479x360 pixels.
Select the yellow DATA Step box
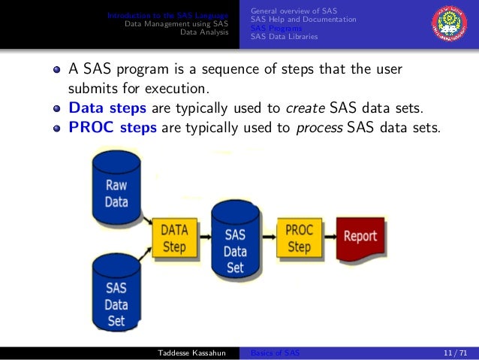click(174, 238)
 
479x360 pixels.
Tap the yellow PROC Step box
click(299, 237)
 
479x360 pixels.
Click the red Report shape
click(360, 237)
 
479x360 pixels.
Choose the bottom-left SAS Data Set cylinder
click(116, 296)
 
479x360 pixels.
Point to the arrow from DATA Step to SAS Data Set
click(204, 237)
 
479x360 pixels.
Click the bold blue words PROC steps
click(113, 127)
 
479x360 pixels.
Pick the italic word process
click(318, 127)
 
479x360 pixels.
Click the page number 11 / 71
click(455, 353)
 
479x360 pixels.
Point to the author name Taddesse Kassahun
click(191, 353)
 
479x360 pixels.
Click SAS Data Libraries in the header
click(284, 36)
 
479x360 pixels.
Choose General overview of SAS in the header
click(294, 11)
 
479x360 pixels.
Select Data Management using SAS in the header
click(176, 23)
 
